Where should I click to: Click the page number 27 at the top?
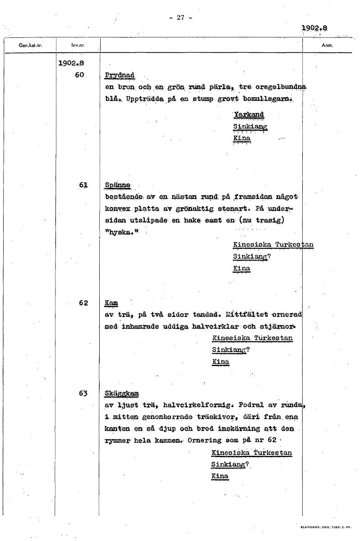coord(180,18)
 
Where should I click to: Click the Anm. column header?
coord(328,46)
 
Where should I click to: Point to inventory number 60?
coord(80,75)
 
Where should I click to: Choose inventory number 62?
coord(83,303)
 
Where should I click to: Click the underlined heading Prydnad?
coord(120,75)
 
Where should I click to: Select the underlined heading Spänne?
coord(117,185)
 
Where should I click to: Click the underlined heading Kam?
coord(111,303)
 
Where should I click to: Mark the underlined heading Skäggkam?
coord(121,394)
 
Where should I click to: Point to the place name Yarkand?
coord(248,115)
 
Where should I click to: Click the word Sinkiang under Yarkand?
coord(250,127)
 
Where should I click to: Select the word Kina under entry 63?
coord(220,476)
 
